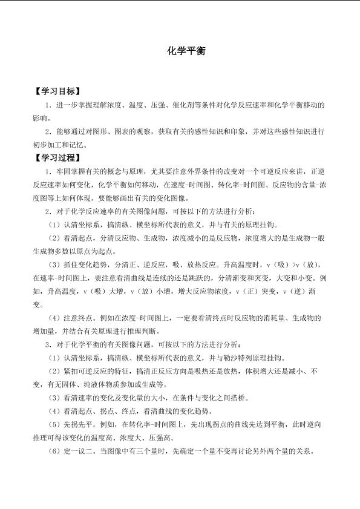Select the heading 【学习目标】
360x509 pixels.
click(x=57, y=92)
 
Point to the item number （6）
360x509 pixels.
click(x=55, y=451)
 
